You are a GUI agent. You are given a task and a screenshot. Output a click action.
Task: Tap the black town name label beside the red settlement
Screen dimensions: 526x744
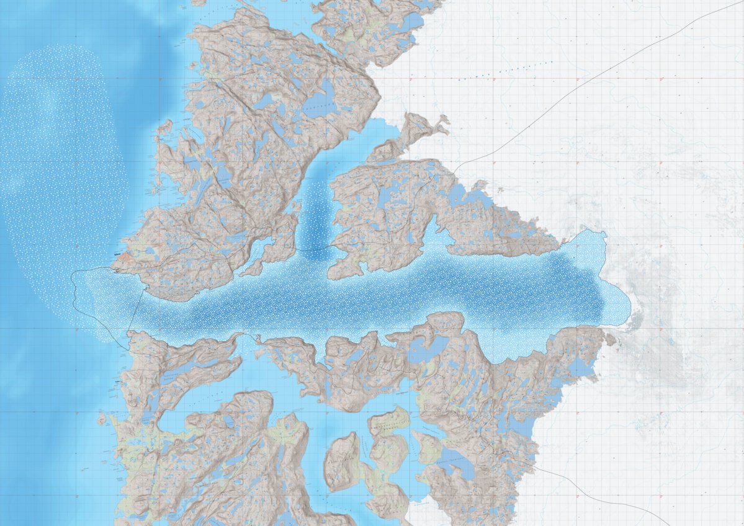[x=117, y=253]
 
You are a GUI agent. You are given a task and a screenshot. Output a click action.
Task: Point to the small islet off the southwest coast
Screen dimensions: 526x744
[x=101, y=419]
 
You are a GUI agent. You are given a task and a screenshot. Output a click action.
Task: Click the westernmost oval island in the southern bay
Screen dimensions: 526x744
[x=342, y=461]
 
